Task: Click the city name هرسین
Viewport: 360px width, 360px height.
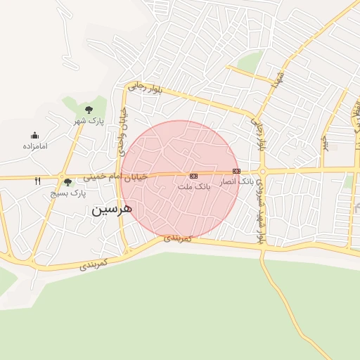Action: [x=111, y=210]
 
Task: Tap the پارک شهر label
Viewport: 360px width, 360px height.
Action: [x=89, y=121]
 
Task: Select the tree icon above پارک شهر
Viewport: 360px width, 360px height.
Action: [x=89, y=110]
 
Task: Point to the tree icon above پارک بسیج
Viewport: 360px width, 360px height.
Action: [x=67, y=182]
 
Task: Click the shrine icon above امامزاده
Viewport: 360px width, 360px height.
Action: [x=34, y=136]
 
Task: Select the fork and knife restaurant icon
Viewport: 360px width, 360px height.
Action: [x=37, y=181]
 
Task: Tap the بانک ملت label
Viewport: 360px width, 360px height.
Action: [x=194, y=187]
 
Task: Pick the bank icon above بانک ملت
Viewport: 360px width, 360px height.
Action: [x=194, y=175]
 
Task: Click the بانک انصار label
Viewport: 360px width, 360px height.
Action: [x=236, y=181]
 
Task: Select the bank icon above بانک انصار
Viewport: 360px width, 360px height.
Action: [x=236, y=171]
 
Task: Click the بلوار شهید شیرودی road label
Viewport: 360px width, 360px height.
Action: [x=259, y=210]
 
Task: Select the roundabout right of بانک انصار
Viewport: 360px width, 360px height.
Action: [x=262, y=171]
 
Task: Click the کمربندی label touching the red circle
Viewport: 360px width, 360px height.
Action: [x=178, y=239]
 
